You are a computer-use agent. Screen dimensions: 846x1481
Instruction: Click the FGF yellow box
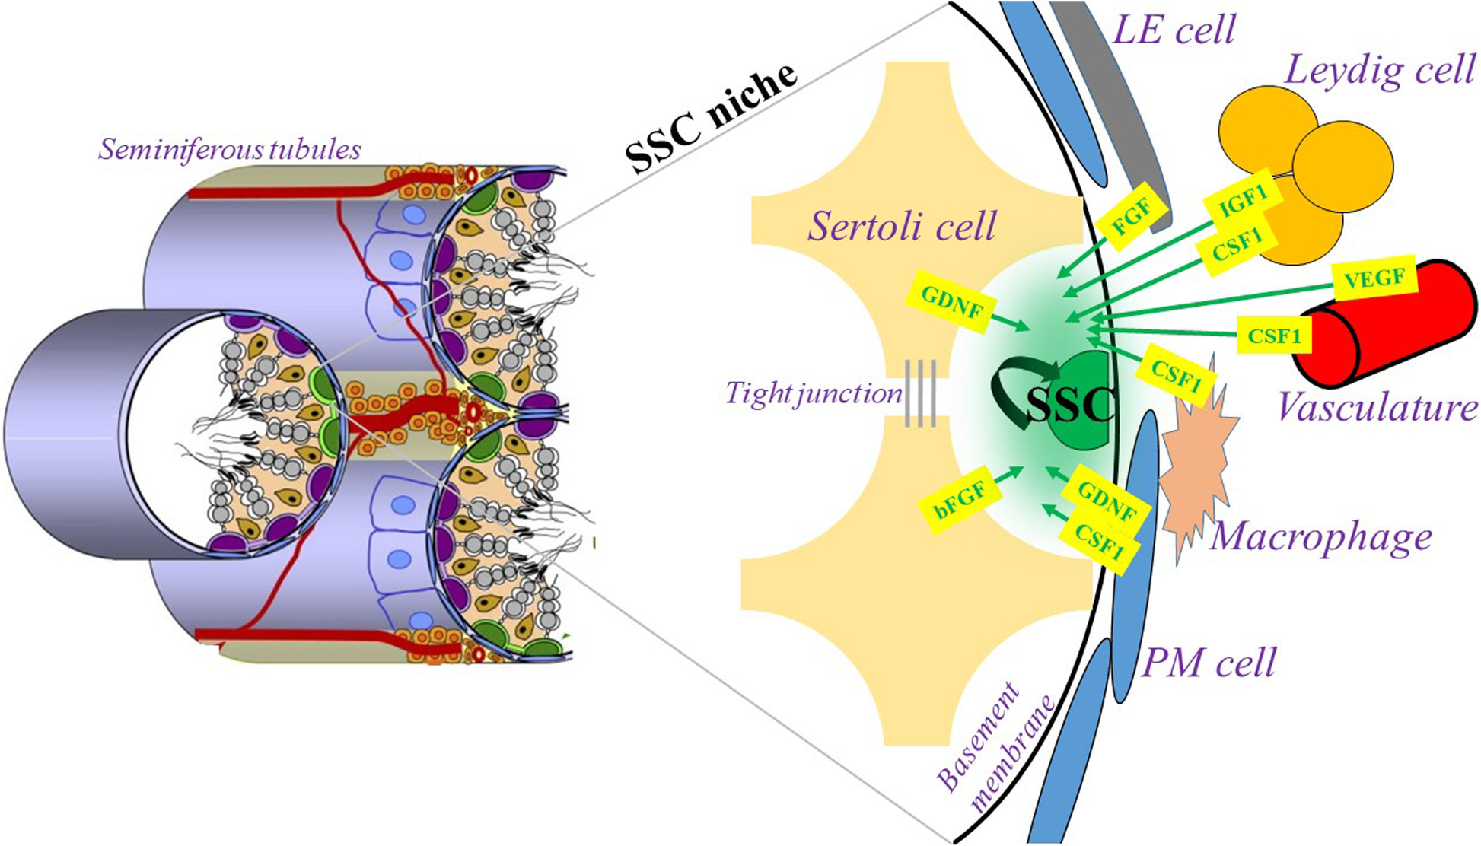pyautogui.click(x=1132, y=218)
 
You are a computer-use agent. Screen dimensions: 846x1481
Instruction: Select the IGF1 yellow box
pyautogui.click(x=1243, y=201)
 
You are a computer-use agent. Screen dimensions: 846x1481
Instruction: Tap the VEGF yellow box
pyautogui.click(x=1374, y=278)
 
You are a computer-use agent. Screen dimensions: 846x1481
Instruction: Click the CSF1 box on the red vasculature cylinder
pyautogui.click(x=1274, y=336)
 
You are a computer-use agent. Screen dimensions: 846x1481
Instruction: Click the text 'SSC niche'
pyautogui.click(x=711, y=117)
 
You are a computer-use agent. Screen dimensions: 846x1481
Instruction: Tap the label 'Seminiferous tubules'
pyautogui.click(x=229, y=149)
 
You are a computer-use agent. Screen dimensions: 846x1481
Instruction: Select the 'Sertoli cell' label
pyautogui.click(x=902, y=226)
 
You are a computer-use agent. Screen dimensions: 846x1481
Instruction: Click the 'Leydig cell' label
pyautogui.click(x=1380, y=72)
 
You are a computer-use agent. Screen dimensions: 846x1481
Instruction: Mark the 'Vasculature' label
pyautogui.click(x=1377, y=407)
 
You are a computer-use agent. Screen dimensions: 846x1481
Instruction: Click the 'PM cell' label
pyautogui.click(x=1209, y=663)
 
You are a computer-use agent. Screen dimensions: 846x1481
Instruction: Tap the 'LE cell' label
pyautogui.click(x=1174, y=30)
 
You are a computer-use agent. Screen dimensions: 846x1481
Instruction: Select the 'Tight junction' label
pyautogui.click(x=813, y=393)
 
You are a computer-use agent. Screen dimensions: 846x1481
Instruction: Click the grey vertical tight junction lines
pyautogui.click(x=920, y=393)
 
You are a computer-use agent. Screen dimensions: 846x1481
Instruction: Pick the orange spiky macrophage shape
pyautogui.click(x=1195, y=464)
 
